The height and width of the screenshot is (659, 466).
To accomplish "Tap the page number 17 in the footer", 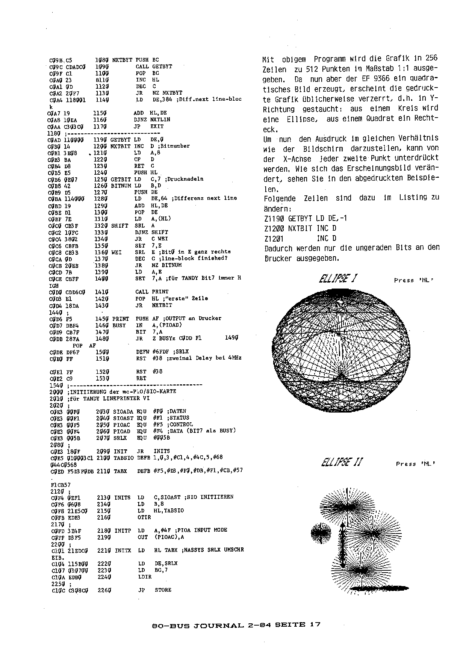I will (315, 625).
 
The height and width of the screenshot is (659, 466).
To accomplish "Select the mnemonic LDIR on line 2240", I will (145, 576).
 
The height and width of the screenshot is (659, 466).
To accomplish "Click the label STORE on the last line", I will (163, 590).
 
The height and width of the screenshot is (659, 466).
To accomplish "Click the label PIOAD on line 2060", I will (121, 431).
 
